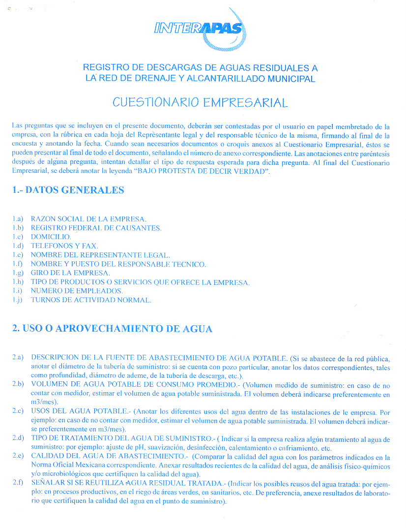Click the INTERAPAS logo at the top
pos(199,29)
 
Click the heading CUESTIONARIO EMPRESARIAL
pos(200,102)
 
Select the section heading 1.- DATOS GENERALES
pos(68,190)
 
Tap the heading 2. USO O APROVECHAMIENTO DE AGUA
pos(112,329)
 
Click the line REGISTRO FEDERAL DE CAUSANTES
pos(96,228)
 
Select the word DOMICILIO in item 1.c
pos(51,237)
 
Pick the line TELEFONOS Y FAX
pos(64,246)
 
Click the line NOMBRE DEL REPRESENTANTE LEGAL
pos(100,255)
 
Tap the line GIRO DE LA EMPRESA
pos(70,273)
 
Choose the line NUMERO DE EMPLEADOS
pos(77,291)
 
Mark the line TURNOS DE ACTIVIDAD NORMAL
pos(91,300)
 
